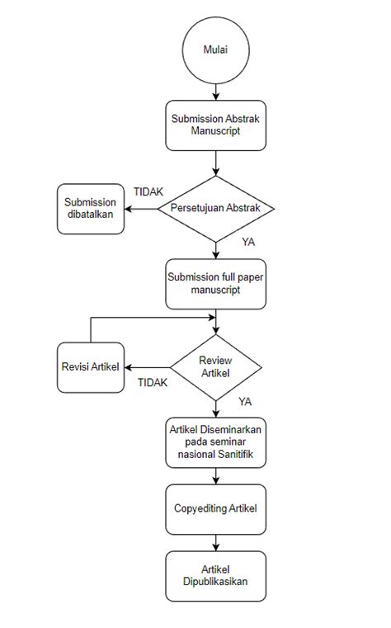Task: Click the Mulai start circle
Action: coord(215,51)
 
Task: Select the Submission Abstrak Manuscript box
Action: coord(215,125)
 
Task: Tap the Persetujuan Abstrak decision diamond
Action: coord(215,208)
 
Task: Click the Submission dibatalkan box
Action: coord(91,209)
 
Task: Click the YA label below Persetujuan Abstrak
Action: coord(247,243)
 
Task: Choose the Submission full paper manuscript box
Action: coord(215,285)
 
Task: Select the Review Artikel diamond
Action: coord(215,367)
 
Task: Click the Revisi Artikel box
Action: coord(91,367)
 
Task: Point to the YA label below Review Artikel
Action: coord(245,401)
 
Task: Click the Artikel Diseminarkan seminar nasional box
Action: coord(215,442)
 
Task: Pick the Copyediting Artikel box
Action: coord(215,508)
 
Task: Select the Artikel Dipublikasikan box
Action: coord(215,575)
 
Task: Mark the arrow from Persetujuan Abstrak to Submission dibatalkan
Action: coord(140,208)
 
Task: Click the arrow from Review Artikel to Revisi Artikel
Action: coord(148,367)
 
